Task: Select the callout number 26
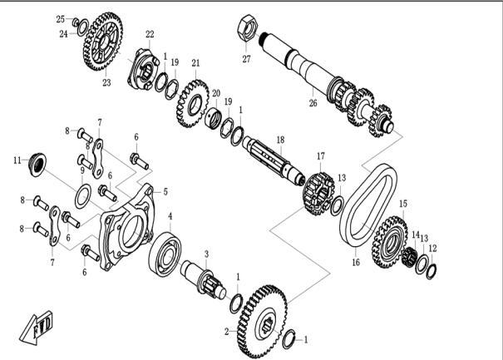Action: point(313,104)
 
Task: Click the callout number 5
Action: point(165,191)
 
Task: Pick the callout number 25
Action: point(60,18)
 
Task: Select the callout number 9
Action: point(81,170)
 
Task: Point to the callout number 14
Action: point(416,235)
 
